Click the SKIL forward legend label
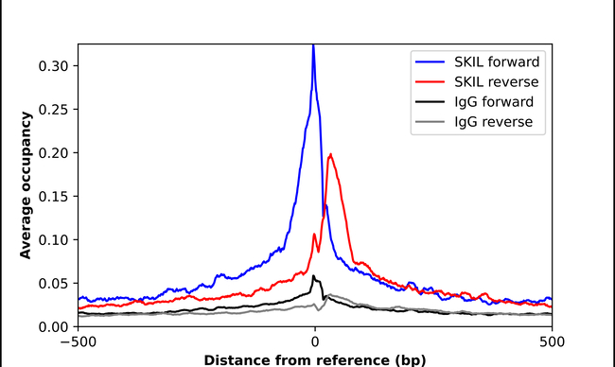tap(496, 61)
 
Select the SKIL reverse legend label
tap(496, 81)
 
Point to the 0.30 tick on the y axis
tap(52, 65)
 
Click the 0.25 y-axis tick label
tap(52, 109)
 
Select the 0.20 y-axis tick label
tap(52, 152)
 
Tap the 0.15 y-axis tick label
tap(52, 196)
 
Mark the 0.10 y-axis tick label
tap(52, 239)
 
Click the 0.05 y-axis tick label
tap(52, 283)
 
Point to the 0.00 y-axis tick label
tap(52, 326)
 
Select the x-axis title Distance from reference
tap(314, 359)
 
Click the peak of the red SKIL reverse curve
tap(329, 154)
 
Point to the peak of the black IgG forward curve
tap(313, 275)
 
